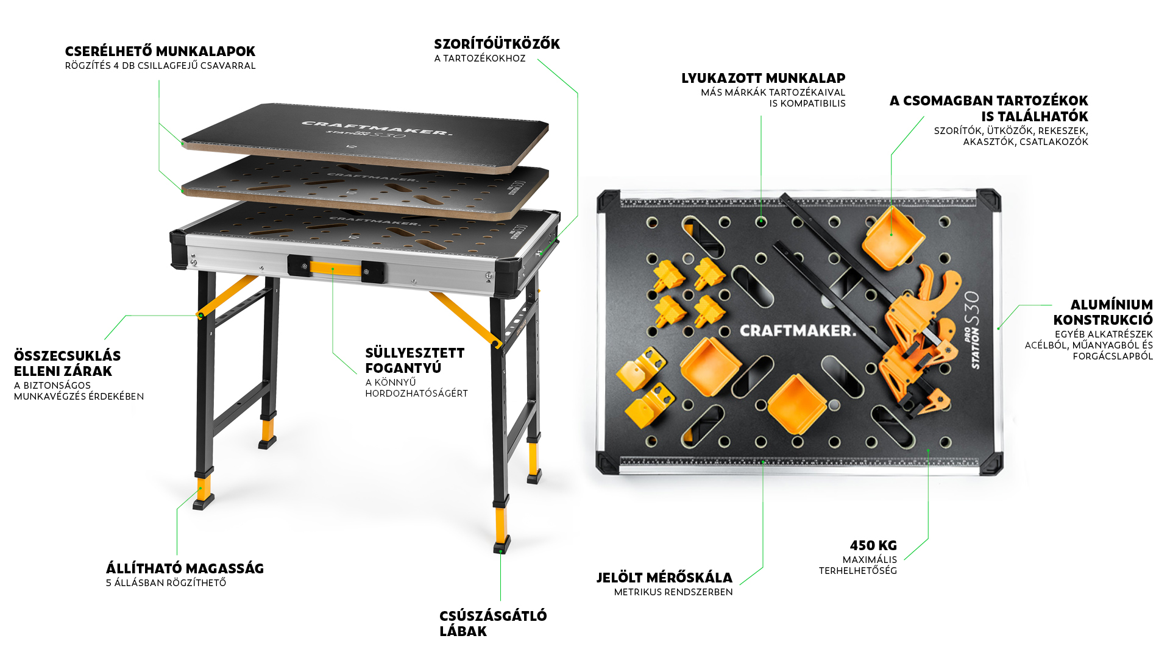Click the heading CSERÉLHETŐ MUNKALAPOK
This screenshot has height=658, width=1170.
tap(160, 51)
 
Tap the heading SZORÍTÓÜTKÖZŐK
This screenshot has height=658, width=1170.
tap(497, 44)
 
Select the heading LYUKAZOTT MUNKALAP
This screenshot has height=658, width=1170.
tap(763, 78)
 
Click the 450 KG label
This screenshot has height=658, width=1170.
tap(873, 545)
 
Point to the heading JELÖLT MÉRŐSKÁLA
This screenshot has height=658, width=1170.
tap(664, 577)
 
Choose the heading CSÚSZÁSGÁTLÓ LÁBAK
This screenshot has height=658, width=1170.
tap(493, 623)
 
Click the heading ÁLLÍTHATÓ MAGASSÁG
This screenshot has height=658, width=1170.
tap(185, 568)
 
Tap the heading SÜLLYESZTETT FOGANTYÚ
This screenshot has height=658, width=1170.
tap(414, 360)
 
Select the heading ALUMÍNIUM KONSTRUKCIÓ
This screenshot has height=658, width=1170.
tap(1103, 312)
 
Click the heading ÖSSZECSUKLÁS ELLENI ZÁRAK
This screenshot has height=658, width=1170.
tap(67, 363)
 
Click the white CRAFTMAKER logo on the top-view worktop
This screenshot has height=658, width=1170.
tap(798, 331)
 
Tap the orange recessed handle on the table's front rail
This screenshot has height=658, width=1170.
tap(335, 268)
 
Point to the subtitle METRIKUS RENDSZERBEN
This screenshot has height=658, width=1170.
tap(673, 592)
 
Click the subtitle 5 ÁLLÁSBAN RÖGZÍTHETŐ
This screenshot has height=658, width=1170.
tap(166, 582)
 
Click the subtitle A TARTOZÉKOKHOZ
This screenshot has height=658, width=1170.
tap(480, 58)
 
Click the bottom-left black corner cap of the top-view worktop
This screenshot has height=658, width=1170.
tap(608, 462)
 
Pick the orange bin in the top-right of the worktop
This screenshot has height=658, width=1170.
tap(893, 238)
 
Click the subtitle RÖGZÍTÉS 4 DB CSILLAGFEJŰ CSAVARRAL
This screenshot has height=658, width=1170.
tap(160, 66)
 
